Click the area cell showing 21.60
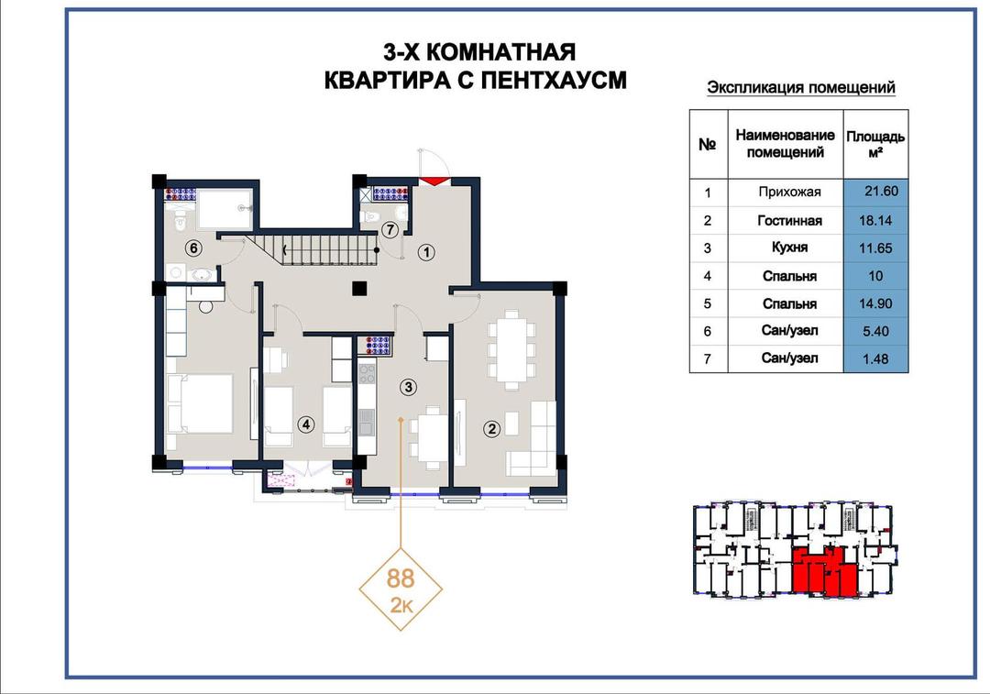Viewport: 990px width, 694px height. (875, 192)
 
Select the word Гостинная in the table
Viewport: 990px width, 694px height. (789, 220)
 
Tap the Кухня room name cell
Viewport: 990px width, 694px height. (786, 248)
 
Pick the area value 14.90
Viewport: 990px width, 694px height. (875, 303)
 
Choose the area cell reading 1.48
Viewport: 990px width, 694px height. (875, 358)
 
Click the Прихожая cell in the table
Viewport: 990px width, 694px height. (786, 193)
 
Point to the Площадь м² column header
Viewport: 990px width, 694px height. (875, 144)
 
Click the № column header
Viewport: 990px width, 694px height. (708, 144)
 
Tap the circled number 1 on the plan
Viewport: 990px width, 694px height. (427, 253)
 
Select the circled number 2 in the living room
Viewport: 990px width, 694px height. (492, 429)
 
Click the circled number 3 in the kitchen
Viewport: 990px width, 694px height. (409, 387)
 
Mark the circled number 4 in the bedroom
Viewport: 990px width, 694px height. (306, 424)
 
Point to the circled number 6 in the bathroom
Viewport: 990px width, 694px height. (193, 248)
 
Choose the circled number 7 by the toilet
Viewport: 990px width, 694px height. (390, 230)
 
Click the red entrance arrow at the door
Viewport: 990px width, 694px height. (433, 182)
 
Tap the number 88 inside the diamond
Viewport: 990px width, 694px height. (401, 578)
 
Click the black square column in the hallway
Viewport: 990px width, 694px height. (359, 289)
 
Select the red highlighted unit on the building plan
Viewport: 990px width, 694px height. (825, 572)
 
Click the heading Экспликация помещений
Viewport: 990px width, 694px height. (800, 87)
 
